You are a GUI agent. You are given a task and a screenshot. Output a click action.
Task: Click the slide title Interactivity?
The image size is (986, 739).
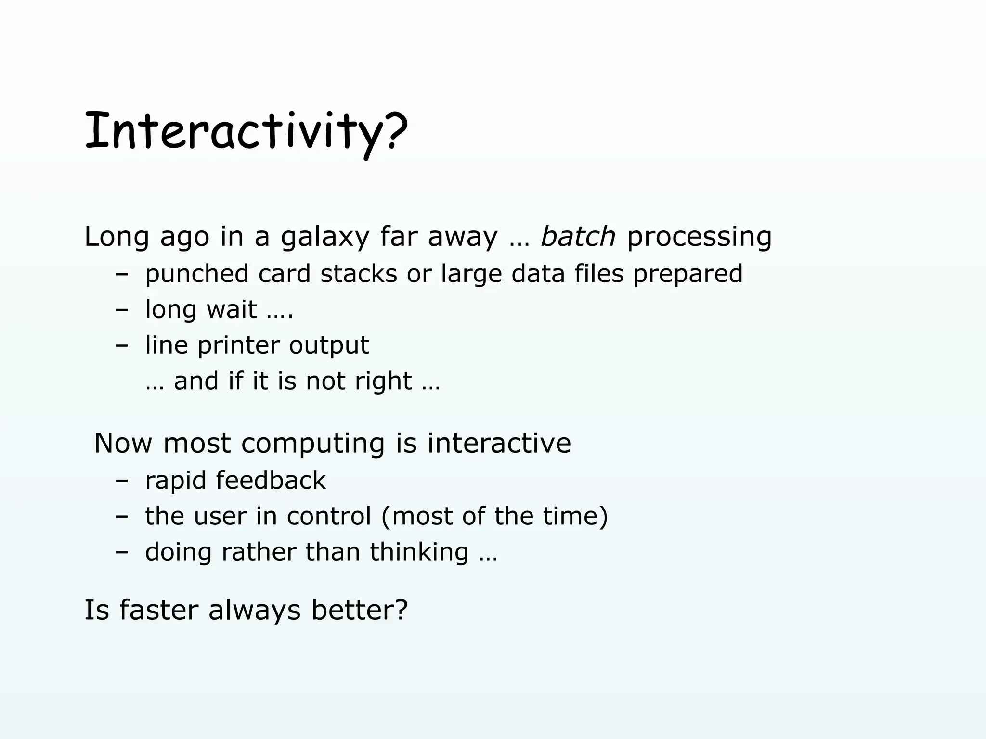coord(246,131)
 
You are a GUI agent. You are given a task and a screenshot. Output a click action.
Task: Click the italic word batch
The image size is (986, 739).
coord(578,237)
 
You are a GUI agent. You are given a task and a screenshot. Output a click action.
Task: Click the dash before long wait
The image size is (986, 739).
coord(122,309)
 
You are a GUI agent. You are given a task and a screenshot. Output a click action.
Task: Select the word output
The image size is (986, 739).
coord(329,345)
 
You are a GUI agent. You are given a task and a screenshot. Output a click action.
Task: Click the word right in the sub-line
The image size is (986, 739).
coord(383,382)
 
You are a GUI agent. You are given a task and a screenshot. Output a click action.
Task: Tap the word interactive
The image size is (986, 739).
coord(499,443)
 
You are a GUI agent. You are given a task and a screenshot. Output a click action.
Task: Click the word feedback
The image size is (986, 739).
coord(271,481)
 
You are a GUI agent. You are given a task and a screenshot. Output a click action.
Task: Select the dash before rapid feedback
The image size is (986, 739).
coord(122,481)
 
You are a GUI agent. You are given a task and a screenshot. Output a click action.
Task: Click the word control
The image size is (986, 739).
coord(329,516)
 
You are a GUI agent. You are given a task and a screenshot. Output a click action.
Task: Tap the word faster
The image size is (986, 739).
coord(158,610)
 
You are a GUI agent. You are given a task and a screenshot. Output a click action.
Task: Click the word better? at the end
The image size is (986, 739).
coord(359,610)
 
